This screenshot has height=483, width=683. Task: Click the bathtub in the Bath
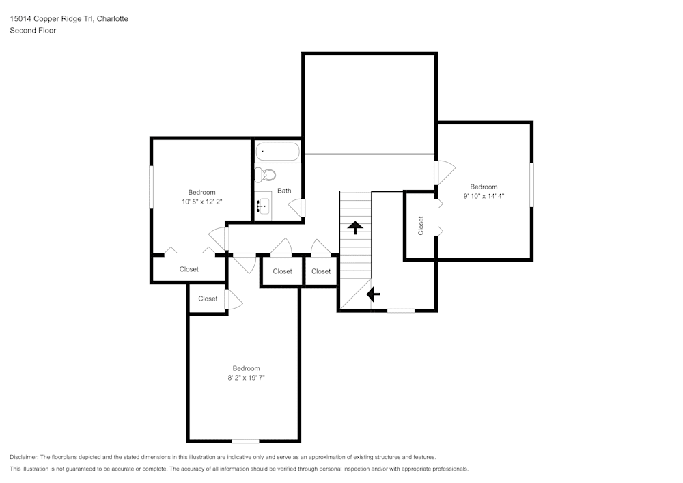(x=277, y=152)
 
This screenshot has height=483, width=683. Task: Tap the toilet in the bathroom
(x=265, y=175)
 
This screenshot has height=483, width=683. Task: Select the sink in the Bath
(x=263, y=206)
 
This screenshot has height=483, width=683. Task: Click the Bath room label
(x=284, y=191)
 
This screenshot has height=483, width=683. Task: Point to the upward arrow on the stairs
(x=355, y=227)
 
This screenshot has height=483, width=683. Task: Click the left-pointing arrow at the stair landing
(x=374, y=294)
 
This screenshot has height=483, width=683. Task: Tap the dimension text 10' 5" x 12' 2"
(x=202, y=202)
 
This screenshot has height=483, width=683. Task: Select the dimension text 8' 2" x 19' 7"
(x=246, y=378)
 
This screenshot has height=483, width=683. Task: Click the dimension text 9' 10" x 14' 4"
(x=484, y=196)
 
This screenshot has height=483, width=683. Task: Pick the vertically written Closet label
(x=420, y=225)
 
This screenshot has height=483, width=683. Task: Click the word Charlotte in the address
(x=113, y=18)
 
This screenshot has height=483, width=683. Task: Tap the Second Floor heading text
(x=33, y=31)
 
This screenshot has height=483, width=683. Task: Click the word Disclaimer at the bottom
(x=24, y=457)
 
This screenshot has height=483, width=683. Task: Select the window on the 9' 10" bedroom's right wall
(x=531, y=184)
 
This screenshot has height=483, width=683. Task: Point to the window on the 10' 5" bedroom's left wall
(x=152, y=187)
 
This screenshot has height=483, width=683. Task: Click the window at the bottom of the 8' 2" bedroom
(x=245, y=441)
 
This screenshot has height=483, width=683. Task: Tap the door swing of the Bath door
(x=296, y=208)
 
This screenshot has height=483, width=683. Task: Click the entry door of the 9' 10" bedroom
(x=444, y=172)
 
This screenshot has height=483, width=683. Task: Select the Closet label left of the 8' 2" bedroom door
(x=208, y=299)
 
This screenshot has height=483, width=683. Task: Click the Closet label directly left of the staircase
(x=321, y=271)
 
